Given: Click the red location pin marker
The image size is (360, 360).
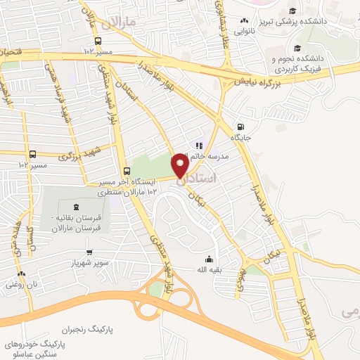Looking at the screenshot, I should (x=181, y=166).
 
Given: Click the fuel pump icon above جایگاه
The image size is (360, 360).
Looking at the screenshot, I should (x=242, y=118).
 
